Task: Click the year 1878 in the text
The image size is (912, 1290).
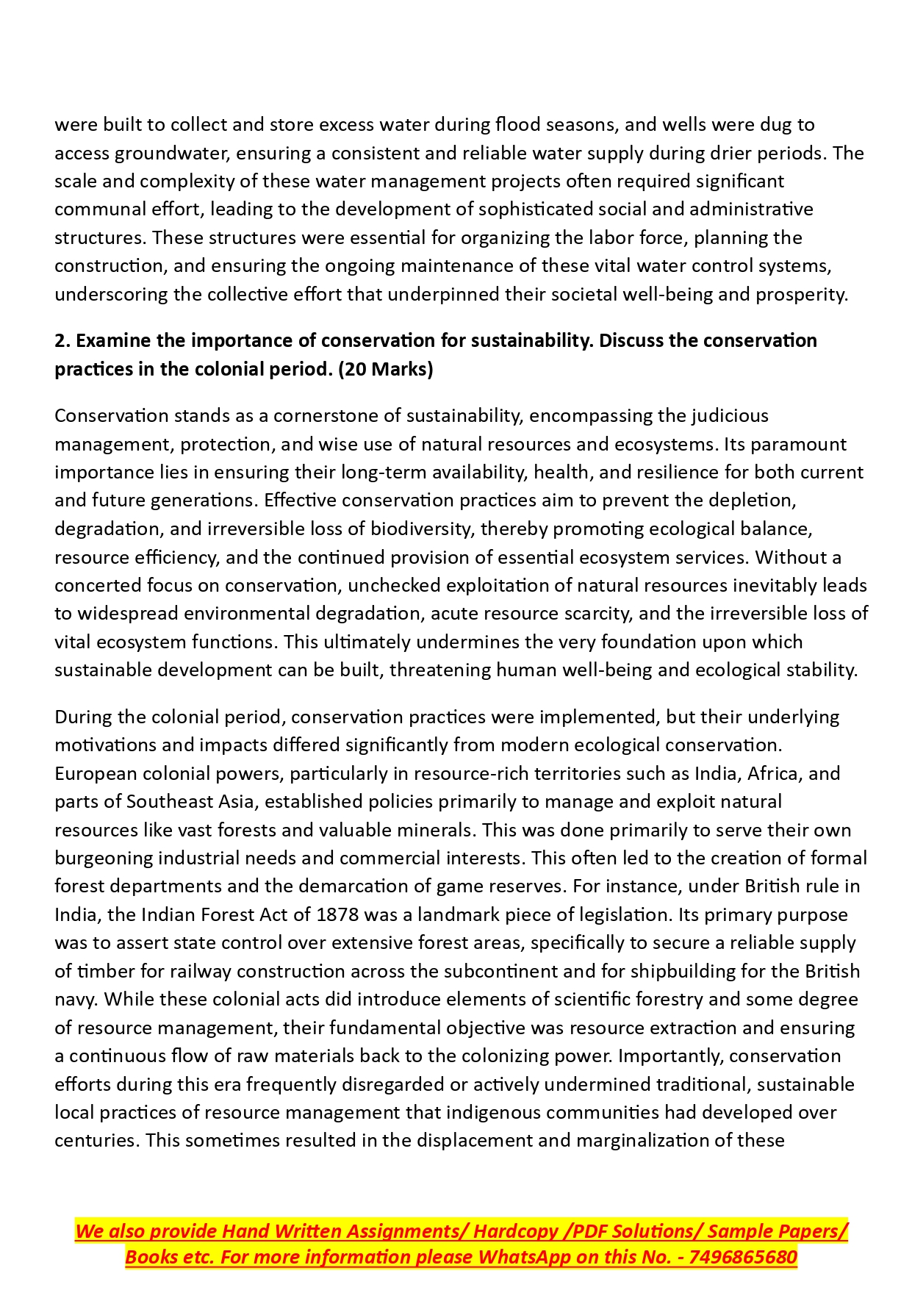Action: pyautogui.click(x=337, y=914)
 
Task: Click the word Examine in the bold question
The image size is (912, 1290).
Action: pyautogui.click(x=113, y=341)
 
